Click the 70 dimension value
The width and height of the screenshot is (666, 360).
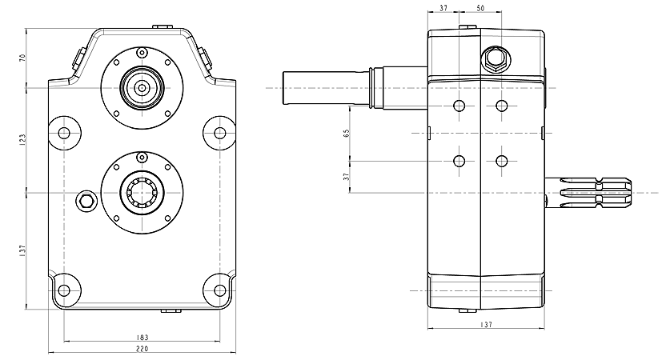(23, 58)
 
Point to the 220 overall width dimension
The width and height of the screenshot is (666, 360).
(142, 350)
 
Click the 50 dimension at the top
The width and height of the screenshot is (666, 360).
(480, 7)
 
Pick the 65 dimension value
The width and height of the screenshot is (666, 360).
(347, 133)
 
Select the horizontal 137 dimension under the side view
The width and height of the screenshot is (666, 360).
(486, 325)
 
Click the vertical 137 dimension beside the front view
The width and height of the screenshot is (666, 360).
(23, 250)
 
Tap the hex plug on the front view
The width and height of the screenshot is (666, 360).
(86, 199)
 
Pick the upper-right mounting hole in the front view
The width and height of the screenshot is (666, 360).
(219, 132)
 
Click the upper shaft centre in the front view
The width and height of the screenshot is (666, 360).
(142, 86)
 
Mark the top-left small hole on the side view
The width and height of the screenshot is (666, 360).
(459, 106)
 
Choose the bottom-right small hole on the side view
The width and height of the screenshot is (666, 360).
(502, 161)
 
